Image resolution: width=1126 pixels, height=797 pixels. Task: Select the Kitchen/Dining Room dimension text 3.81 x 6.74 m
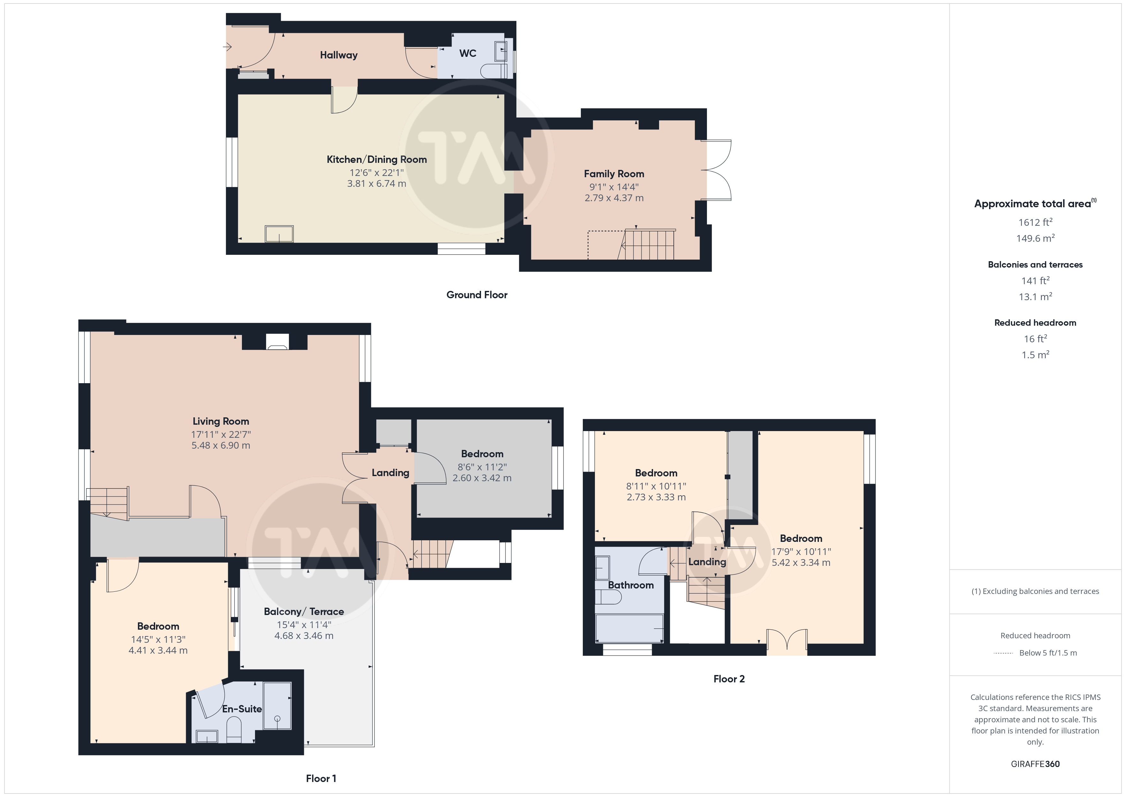[x=377, y=184]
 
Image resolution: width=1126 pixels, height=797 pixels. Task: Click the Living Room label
[x=221, y=421]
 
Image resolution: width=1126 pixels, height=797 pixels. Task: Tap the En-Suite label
[x=242, y=709]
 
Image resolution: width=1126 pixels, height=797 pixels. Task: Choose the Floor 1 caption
[x=321, y=778]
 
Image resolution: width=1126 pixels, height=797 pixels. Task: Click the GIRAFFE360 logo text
[x=1035, y=764]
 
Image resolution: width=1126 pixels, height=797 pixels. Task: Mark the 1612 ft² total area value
[x=1035, y=222]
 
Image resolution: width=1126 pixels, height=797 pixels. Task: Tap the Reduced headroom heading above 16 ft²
[x=1035, y=323]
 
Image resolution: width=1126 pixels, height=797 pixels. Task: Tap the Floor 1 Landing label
[x=390, y=473]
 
